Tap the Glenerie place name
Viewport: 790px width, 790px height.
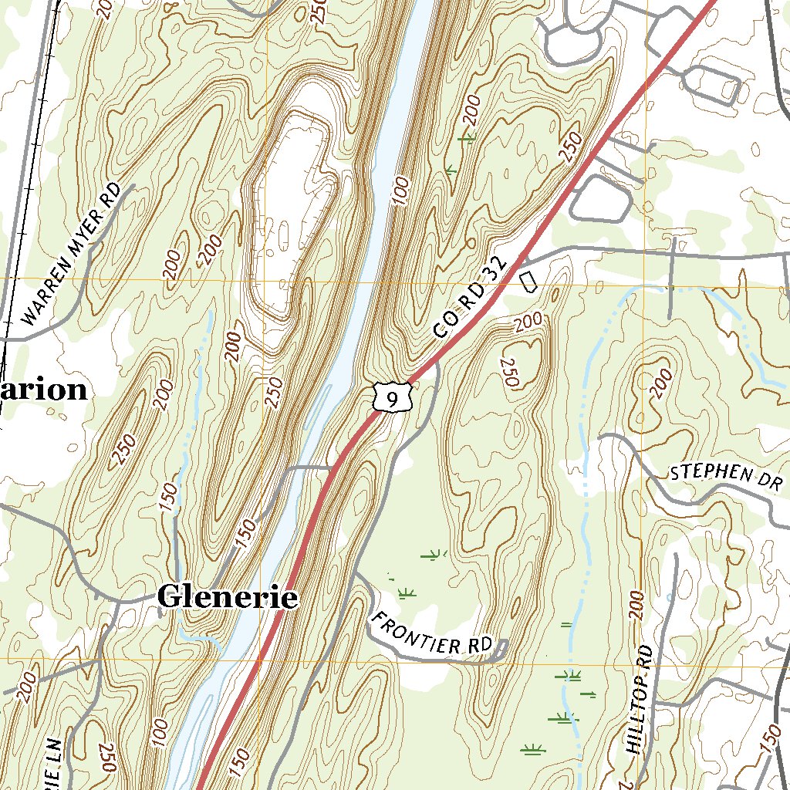[x=227, y=597]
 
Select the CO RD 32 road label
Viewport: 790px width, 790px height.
[x=471, y=299]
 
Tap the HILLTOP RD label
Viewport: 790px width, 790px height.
[x=640, y=701]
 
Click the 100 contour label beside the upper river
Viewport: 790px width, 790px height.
[x=399, y=190]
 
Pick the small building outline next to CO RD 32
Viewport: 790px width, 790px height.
[x=528, y=280]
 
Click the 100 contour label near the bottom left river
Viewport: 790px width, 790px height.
[x=160, y=733]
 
